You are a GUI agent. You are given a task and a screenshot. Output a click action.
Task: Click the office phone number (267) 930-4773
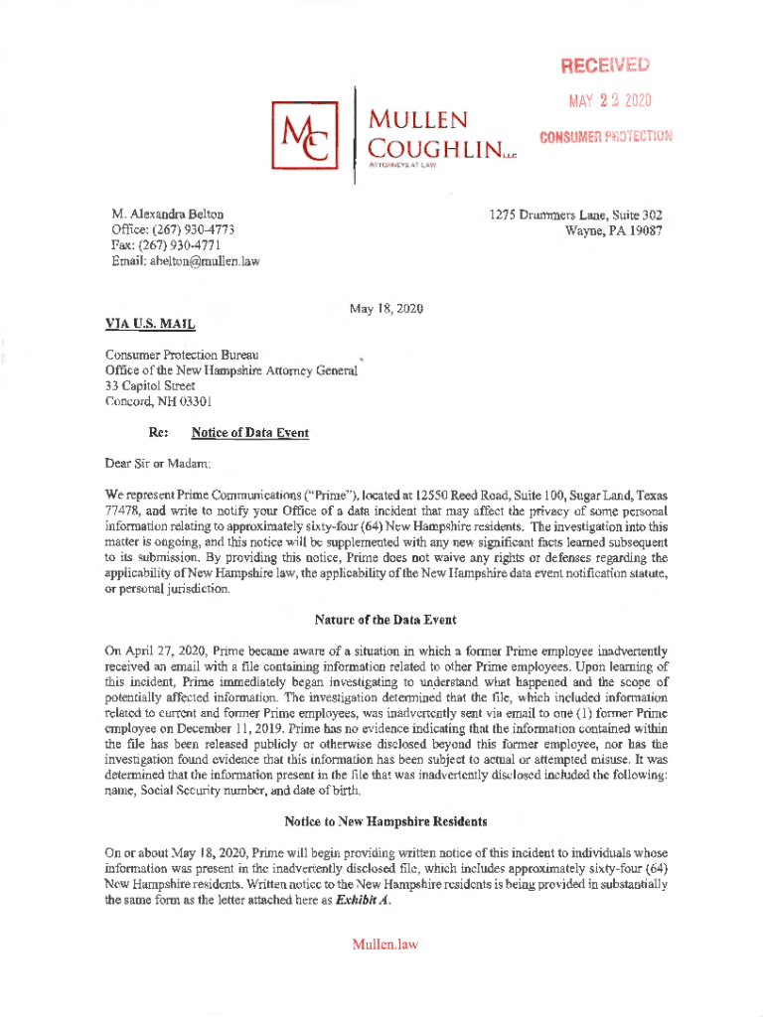coord(195,230)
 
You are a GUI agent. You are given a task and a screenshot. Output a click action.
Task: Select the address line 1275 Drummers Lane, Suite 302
coord(574,215)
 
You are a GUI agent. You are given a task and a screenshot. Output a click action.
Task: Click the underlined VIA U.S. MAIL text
coord(150,324)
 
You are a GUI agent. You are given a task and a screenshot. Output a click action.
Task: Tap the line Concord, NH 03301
coord(159,401)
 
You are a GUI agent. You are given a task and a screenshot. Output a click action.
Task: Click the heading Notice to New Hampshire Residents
coord(385,821)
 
